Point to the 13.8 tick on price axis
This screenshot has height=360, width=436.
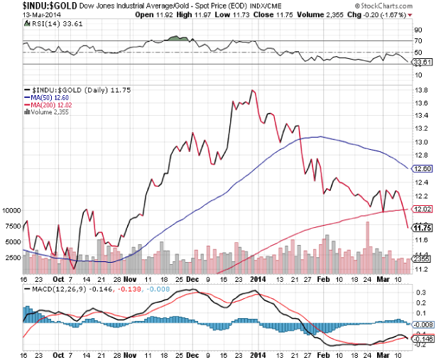(x=420, y=89)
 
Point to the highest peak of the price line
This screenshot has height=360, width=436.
(x=252, y=90)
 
